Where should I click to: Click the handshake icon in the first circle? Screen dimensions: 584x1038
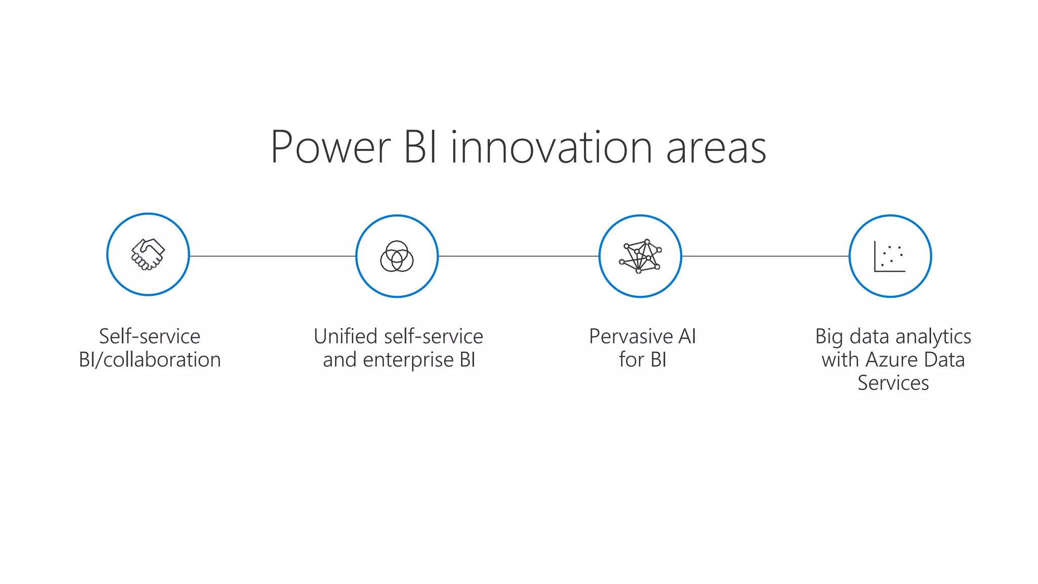[148, 254]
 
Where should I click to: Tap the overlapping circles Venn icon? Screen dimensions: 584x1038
[397, 256]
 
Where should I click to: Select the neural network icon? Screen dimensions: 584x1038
[640, 256]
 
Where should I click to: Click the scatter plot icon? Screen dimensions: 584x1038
[890, 256]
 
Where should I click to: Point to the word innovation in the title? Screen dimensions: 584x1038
[551, 148]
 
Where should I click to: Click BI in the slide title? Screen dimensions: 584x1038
[420, 148]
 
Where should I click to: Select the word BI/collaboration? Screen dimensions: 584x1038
[150, 360]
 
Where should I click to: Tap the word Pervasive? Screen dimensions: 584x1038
[631, 336]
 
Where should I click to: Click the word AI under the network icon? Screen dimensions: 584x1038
[687, 336]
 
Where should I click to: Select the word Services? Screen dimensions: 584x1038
[893, 383]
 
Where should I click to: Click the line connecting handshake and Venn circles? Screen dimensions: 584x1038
[273, 256]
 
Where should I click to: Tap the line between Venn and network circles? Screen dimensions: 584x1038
[518, 256]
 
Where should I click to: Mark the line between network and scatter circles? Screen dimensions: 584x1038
[765, 256]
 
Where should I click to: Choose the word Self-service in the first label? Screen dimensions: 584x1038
[150, 336]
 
